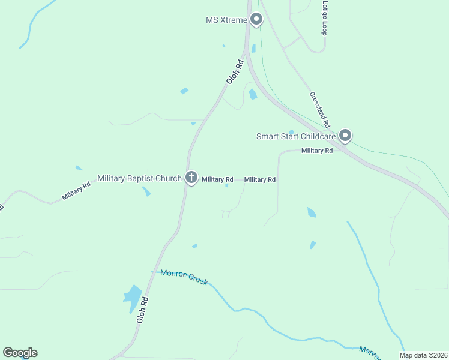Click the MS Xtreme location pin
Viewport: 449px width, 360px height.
256,20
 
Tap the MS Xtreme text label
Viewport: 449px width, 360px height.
226,20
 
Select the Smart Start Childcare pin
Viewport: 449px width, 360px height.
345,136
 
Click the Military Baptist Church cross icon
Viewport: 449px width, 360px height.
191,178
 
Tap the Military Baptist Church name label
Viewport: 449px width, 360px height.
139,178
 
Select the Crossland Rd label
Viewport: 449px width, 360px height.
321,109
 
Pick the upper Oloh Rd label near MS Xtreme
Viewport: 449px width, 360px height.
234,71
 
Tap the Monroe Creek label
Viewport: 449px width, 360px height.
184,277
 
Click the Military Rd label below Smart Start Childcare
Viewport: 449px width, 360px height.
317,151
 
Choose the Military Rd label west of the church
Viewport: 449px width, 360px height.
76,191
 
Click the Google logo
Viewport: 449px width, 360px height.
20,353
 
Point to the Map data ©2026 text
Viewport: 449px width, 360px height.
423,355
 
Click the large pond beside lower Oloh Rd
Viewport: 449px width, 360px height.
132,297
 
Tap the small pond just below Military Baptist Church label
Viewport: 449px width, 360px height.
146,191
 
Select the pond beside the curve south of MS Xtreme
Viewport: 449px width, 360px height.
253,94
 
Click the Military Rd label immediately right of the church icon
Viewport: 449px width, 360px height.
217,179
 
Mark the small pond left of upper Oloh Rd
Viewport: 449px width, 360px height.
184,91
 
